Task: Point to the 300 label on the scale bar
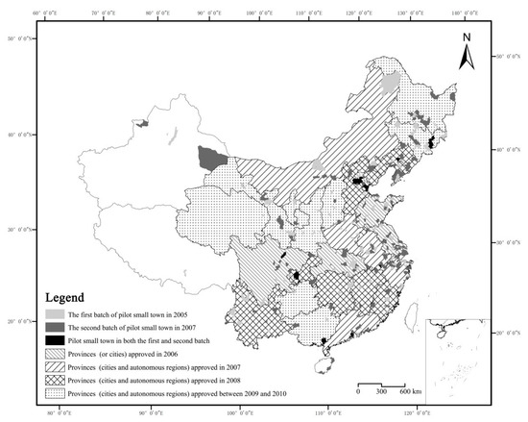click(x=382, y=392)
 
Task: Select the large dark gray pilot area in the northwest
click(x=206, y=159)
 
